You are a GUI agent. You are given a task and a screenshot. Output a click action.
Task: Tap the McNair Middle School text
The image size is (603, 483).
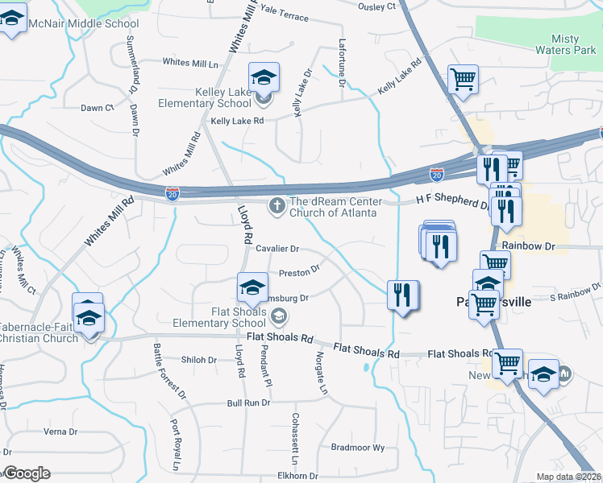click(84, 24)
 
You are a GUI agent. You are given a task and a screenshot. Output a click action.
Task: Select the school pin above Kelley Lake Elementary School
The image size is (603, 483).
click(264, 78)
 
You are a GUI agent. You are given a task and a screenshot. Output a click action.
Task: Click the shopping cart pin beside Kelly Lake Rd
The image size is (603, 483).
click(463, 80)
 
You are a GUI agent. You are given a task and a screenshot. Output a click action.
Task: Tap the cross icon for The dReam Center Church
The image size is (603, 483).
click(277, 206)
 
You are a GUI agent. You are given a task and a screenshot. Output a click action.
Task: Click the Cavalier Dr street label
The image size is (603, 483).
click(277, 250)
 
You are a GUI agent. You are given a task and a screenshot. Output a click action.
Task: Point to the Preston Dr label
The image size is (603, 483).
click(299, 271)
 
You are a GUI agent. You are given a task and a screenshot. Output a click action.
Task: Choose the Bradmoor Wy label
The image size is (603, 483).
click(358, 448)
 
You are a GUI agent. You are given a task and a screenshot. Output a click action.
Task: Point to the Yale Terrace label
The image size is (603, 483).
click(285, 16)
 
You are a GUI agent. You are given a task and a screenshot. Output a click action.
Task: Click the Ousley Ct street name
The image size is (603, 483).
click(377, 6)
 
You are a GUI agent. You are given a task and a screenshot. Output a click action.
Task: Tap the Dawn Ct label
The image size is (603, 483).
click(97, 108)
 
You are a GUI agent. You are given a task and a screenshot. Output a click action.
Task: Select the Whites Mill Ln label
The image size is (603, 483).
click(190, 63)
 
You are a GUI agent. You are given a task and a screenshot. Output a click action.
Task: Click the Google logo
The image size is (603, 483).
click(27, 473)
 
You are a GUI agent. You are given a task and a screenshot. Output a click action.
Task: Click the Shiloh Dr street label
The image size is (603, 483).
click(199, 360)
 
